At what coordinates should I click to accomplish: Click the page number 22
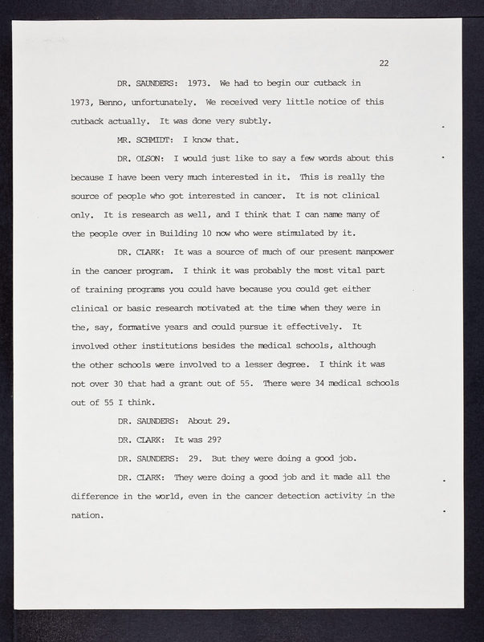click(x=384, y=63)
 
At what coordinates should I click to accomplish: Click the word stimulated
click(x=292, y=234)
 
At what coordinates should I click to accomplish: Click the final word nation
click(x=87, y=514)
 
